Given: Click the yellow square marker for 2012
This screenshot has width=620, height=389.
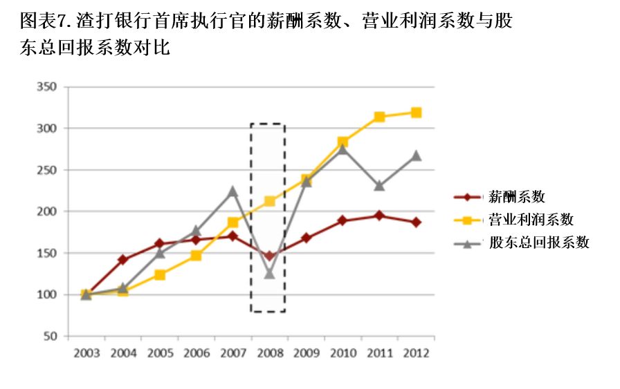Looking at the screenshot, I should pos(417,113).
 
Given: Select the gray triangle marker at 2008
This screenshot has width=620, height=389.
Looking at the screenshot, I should pos(270,274).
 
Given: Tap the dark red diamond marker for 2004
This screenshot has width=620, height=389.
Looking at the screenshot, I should pos(123,260).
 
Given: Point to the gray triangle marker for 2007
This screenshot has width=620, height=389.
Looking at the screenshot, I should pos(233,191).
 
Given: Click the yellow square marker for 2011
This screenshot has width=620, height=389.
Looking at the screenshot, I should pos(380,117).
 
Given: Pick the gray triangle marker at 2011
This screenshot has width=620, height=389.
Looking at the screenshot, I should pos(380,186).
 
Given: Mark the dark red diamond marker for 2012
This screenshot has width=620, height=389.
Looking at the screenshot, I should pos(417,222).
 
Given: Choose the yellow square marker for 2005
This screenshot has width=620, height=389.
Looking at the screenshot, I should pos(160,274).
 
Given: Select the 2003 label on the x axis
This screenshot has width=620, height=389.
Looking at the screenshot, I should pos(86,353).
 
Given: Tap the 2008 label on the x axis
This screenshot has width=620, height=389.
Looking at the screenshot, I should pos(270,353).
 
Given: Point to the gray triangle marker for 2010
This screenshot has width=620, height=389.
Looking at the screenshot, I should pos(343,149).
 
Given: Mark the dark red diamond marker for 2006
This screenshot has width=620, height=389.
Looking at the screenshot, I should pos(197,240).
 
